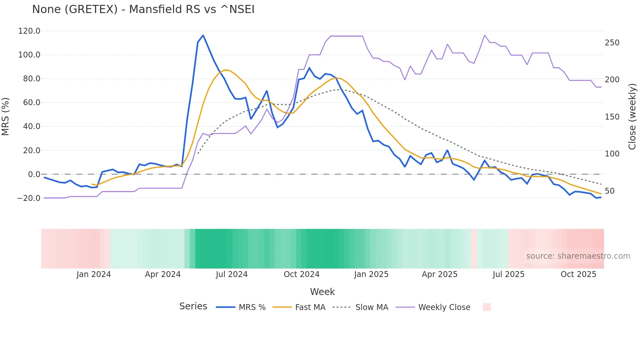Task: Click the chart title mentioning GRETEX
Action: (143, 9)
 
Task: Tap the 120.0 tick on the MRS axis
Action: (29, 31)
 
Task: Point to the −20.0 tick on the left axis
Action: (28, 198)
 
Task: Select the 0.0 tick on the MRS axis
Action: (34, 174)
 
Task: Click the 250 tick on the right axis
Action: (612, 43)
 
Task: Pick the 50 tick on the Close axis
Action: (610, 191)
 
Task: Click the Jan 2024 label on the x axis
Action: (94, 274)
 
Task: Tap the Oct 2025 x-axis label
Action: (578, 274)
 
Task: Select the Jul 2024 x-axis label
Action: (232, 274)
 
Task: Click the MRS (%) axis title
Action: (6, 116)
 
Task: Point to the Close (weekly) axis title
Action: (632, 116)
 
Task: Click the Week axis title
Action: (322, 292)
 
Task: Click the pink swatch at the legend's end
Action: (487, 307)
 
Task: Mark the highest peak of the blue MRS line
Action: (203, 35)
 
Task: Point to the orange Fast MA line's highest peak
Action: (224, 70)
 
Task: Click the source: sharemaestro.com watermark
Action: (578, 256)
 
